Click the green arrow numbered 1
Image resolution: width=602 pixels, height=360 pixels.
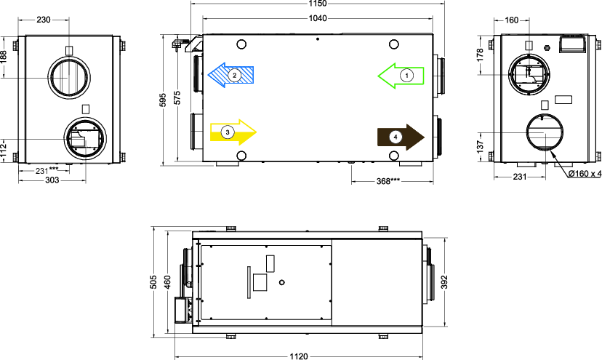401,76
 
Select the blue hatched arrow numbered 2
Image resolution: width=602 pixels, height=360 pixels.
230,75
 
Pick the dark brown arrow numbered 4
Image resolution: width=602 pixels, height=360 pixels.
401,137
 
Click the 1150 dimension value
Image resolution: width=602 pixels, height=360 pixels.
318,4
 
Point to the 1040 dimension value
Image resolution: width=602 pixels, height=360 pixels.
318,18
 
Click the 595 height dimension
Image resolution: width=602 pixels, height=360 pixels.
163,100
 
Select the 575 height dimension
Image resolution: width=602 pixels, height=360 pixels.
177,97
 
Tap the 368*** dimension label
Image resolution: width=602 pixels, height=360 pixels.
388,180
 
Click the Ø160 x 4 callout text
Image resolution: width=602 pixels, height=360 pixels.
585,174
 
